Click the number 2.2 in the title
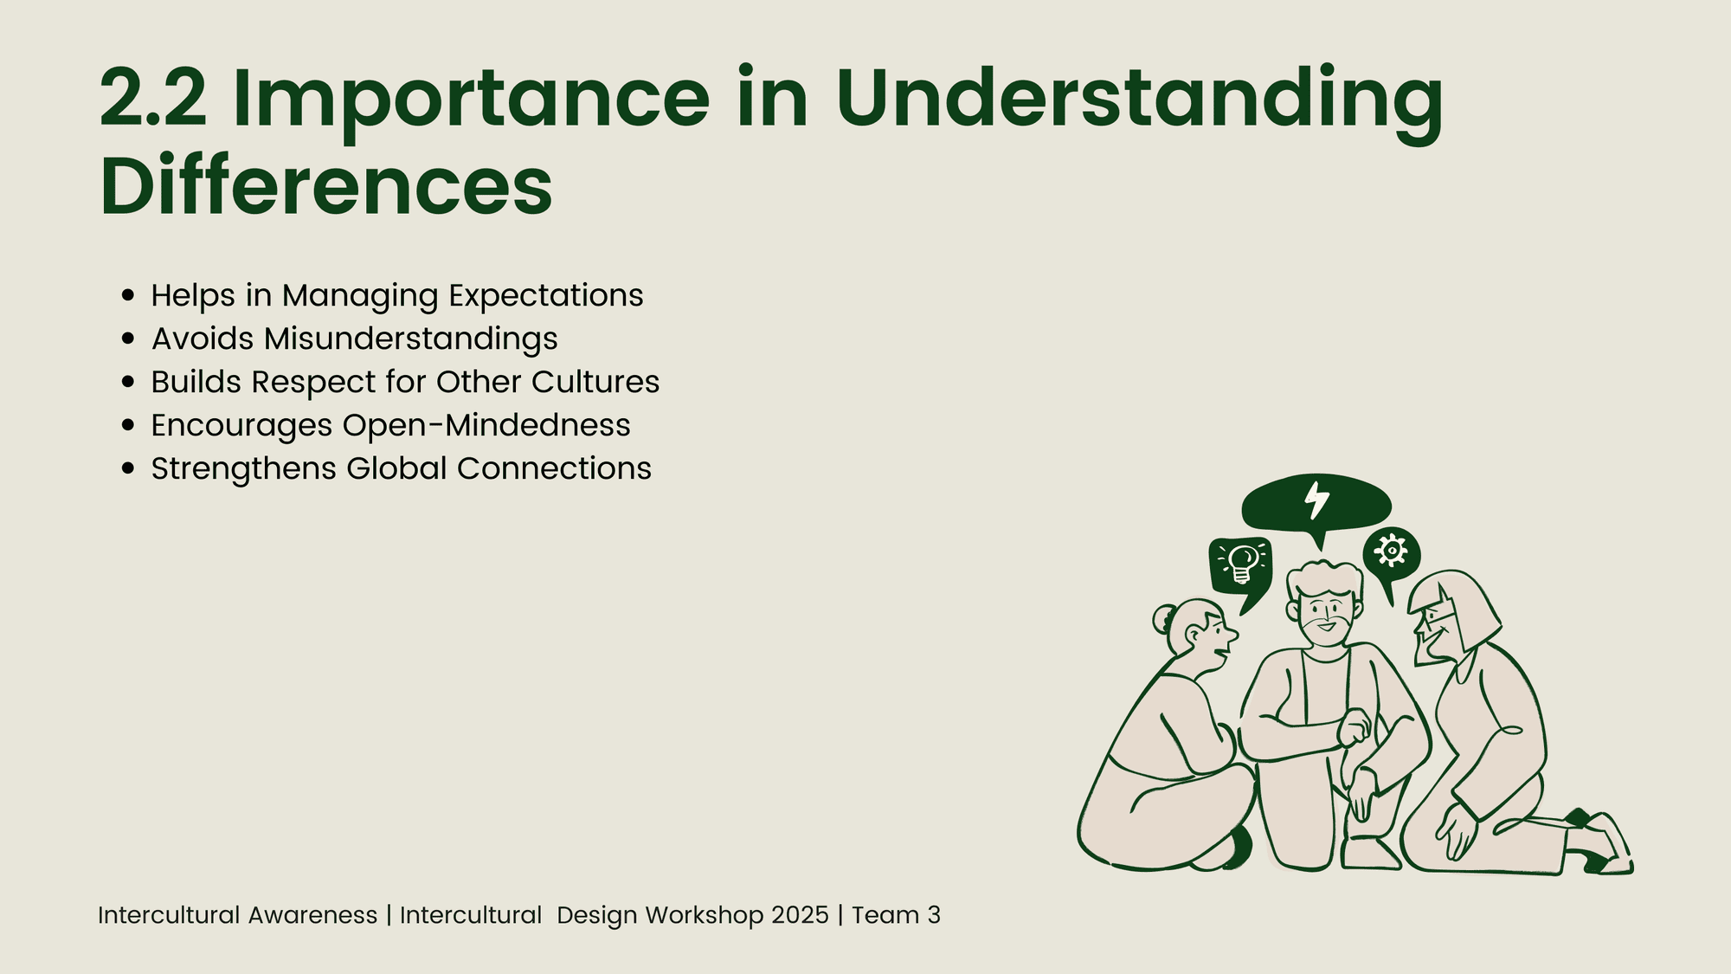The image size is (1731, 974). pos(153,98)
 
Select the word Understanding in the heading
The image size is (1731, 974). pos(1139,103)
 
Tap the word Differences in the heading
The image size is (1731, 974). pos(326,185)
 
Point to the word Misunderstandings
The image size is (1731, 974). pos(411,339)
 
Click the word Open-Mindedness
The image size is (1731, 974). pos(486,426)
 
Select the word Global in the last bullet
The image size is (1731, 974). pos(397,468)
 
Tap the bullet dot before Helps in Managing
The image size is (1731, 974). pos(129,295)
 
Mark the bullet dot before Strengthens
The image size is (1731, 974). pos(129,468)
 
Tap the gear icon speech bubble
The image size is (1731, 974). pos(1391,555)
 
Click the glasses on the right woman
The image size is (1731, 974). pos(1436,619)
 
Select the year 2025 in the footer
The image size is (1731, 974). pos(800,915)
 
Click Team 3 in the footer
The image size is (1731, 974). pos(896,915)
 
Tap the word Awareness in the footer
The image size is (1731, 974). pos(312,915)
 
